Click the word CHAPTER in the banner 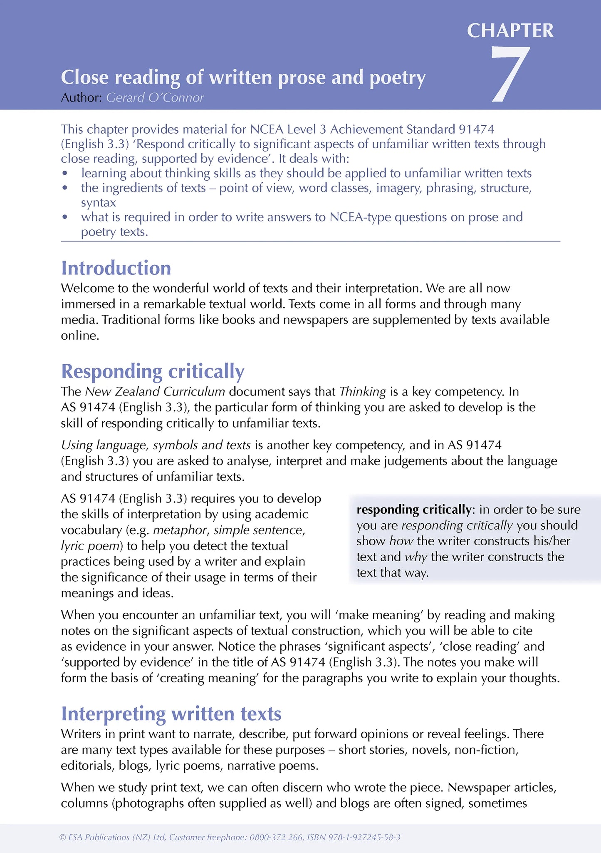pyautogui.click(x=510, y=31)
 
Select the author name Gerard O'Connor pyautogui.click(x=155, y=98)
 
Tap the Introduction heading pyautogui.click(x=116, y=268)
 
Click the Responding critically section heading pyautogui.click(x=153, y=371)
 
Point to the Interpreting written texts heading pyautogui.click(x=171, y=714)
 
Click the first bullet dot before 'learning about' pyautogui.click(x=64, y=173)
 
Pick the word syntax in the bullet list pyautogui.click(x=98, y=203)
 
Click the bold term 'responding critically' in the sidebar pyautogui.click(x=413, y=510)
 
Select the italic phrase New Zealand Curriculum pyautogui.click(x=155, y=392)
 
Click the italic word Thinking pyautogui.click(x=363, y=392)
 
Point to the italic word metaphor pyautogui.click(x=180, y=530)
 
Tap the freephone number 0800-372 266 pyautogui.click(x=276, y=837)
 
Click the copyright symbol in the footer pyautogui.click(x=63, y=837)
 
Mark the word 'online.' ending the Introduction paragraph pyautogui.click(x=80, y=336)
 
